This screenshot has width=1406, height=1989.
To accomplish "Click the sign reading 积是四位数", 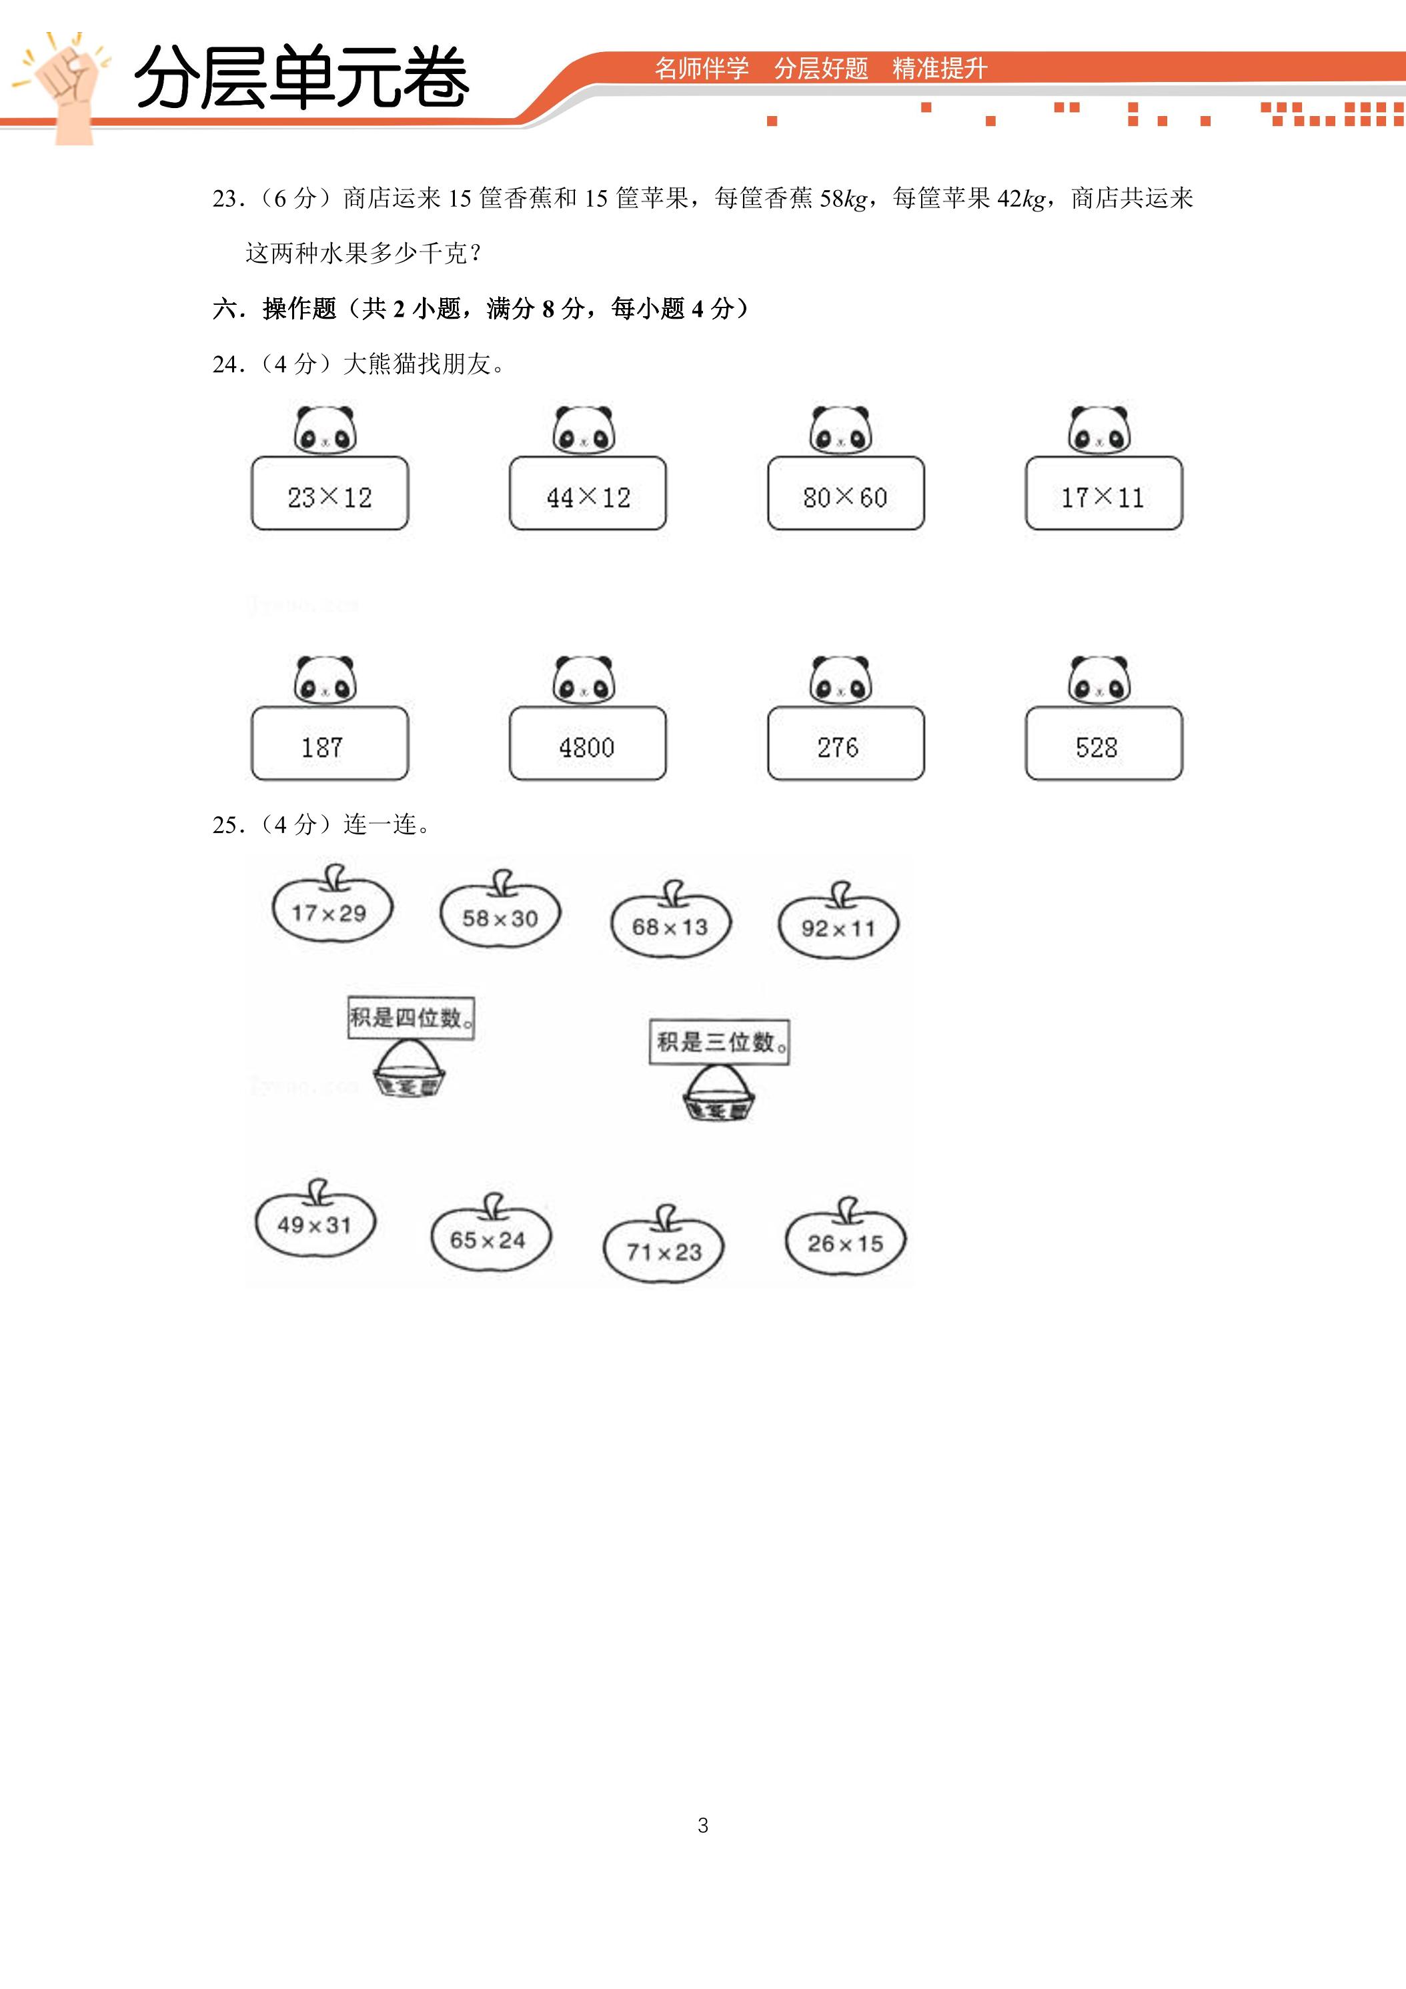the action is (411, 1018).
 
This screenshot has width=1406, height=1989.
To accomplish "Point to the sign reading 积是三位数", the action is (719, 1042).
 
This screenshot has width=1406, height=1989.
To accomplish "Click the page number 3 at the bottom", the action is (702, 1826).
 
